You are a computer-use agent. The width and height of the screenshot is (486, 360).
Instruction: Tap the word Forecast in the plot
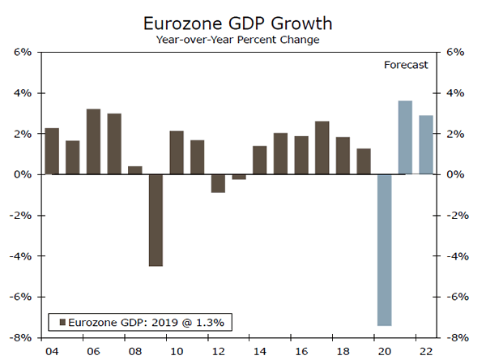(405, 65)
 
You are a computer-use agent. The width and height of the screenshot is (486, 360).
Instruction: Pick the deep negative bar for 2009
(155, 220)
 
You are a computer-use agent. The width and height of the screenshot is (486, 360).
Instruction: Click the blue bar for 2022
(425, 145)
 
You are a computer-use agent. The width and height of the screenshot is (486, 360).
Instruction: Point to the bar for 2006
(93, 142)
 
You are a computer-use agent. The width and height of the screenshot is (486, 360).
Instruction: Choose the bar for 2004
(52, 152)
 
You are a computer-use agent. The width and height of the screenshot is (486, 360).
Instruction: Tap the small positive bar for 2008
(134, 170)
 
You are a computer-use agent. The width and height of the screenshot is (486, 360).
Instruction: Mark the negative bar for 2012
(217, 183)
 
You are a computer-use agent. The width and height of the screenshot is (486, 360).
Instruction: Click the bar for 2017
(322, 148)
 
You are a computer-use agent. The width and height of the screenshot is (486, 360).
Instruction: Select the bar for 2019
(363, 161)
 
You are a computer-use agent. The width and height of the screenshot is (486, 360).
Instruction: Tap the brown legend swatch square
(62, 322)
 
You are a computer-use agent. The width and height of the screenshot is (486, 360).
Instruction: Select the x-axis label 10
(176, 351)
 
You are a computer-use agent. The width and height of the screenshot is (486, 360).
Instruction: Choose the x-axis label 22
(425, 351)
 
